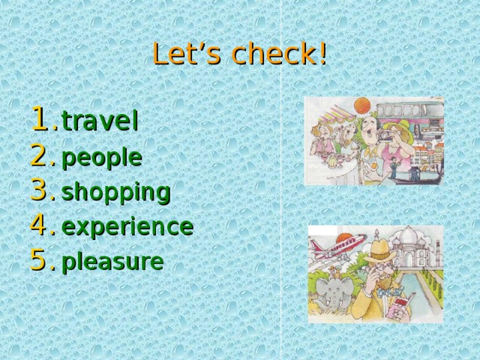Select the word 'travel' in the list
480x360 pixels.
100,121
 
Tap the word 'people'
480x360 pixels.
101,157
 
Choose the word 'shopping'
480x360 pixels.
116,193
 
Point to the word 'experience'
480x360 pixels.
127,226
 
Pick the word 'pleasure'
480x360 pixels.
112,262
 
